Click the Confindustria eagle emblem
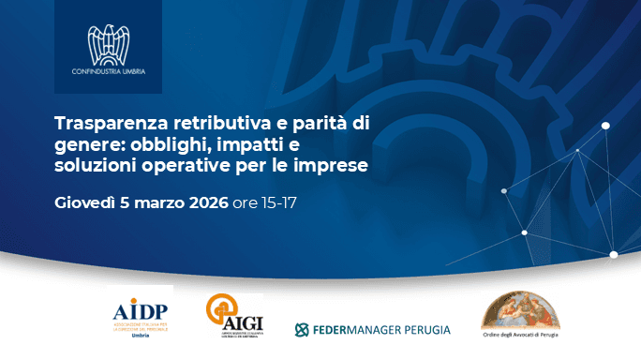(108, 43)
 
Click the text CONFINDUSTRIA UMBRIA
(108, 71)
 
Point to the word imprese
(331, 166)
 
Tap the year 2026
(203, 202)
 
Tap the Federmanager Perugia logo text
(372, 330)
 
